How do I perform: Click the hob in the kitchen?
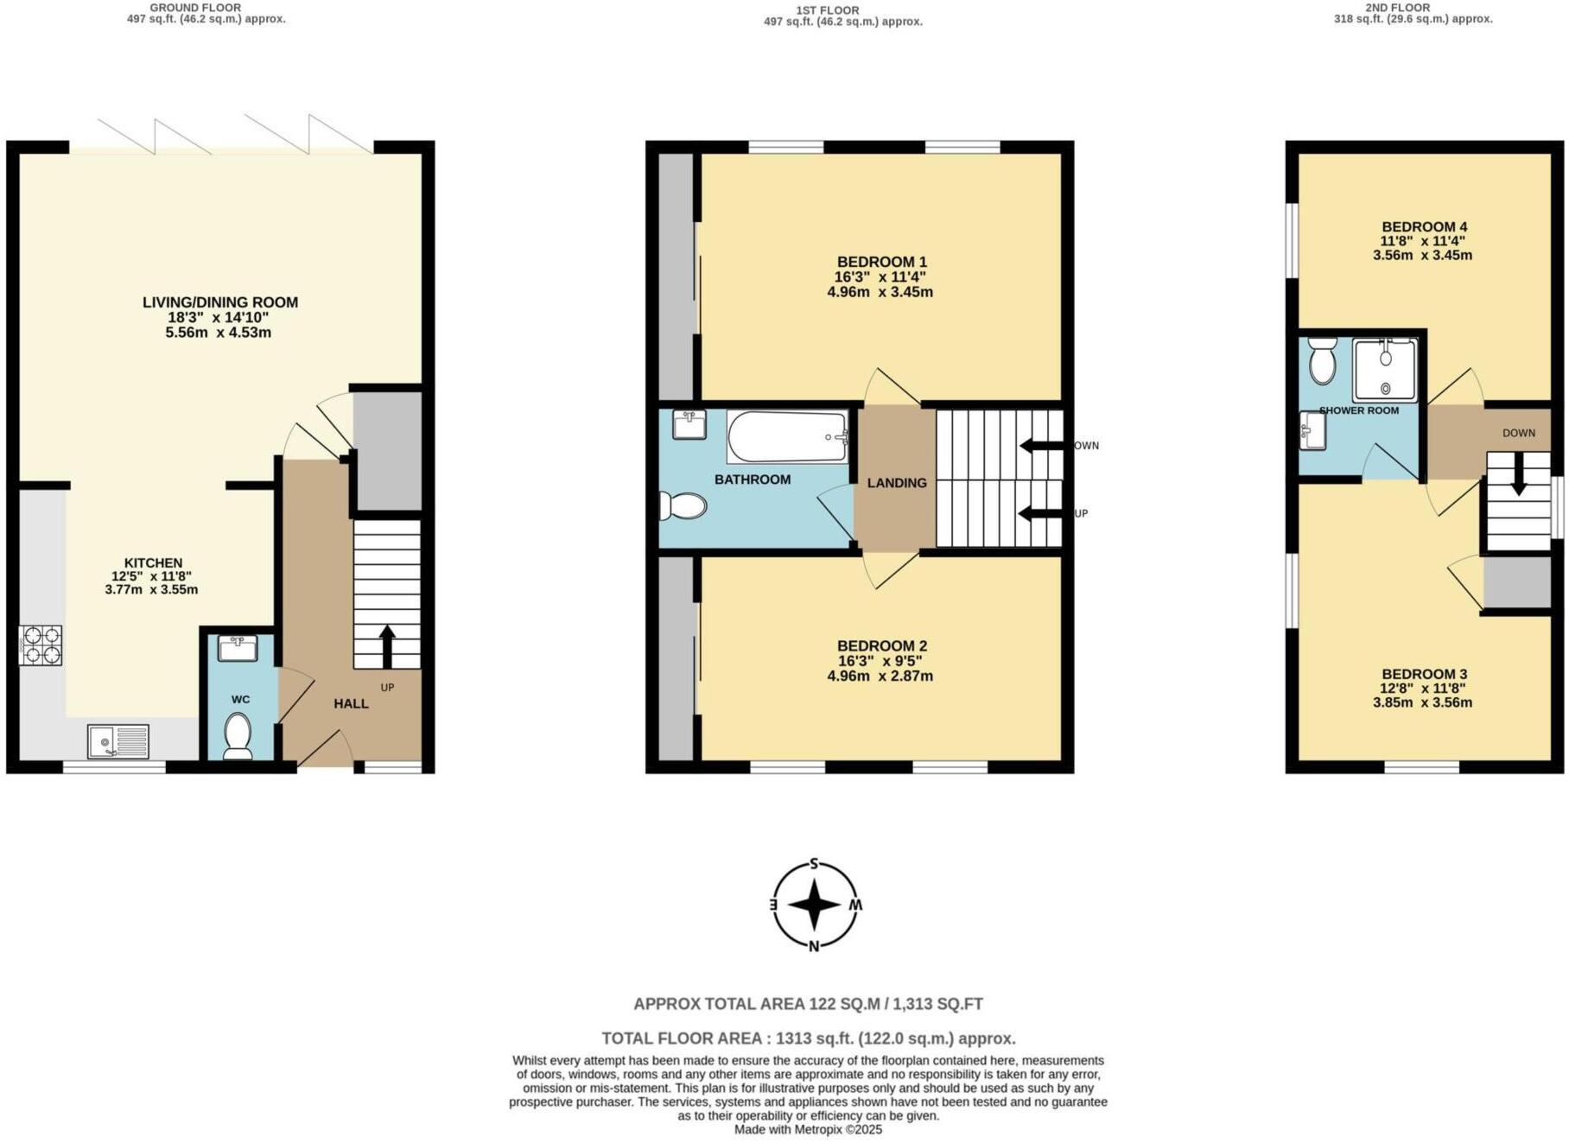[41, 645]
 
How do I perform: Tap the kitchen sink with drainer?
[118, 741]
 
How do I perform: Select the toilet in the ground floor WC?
[237, 735]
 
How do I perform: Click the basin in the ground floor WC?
[237, 648]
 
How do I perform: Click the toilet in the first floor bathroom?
[683, 506]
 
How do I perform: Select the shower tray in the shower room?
[1385, 371]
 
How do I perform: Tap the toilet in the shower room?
[1322, 362]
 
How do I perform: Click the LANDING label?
[897, 483]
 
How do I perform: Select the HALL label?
[351, 704]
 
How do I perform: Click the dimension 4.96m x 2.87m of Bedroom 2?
[880, 676]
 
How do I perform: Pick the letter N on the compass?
[814, 946]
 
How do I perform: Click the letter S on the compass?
[814, 864]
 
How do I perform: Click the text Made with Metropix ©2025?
[808, 1129]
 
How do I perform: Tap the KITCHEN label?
[153, 562]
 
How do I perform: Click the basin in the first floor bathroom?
[689, 424]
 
